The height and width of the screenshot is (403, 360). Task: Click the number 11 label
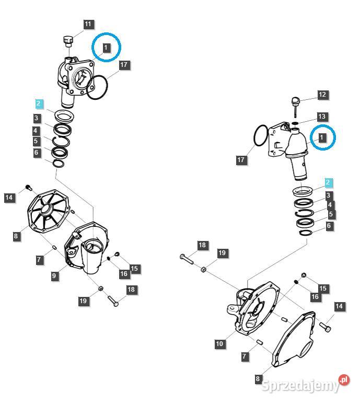(x=88, y=25)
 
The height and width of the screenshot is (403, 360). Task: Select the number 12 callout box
(x=322, y=95)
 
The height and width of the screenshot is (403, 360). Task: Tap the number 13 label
(x=322, y=116)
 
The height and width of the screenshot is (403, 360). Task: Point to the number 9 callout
(x=54, y=275)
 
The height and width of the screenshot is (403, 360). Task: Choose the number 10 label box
(x=220, y=343)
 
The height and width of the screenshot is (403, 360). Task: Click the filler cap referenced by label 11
(x=67, y=40)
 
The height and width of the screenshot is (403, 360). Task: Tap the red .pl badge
(x=343, y=381)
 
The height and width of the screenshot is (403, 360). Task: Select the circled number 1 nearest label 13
(x=322, y=137)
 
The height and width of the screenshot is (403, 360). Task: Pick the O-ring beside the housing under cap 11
(x=98, y=86)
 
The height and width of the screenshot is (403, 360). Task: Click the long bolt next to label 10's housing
(x=188, y=258)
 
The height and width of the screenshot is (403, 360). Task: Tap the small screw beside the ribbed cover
(x=28, y=187)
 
